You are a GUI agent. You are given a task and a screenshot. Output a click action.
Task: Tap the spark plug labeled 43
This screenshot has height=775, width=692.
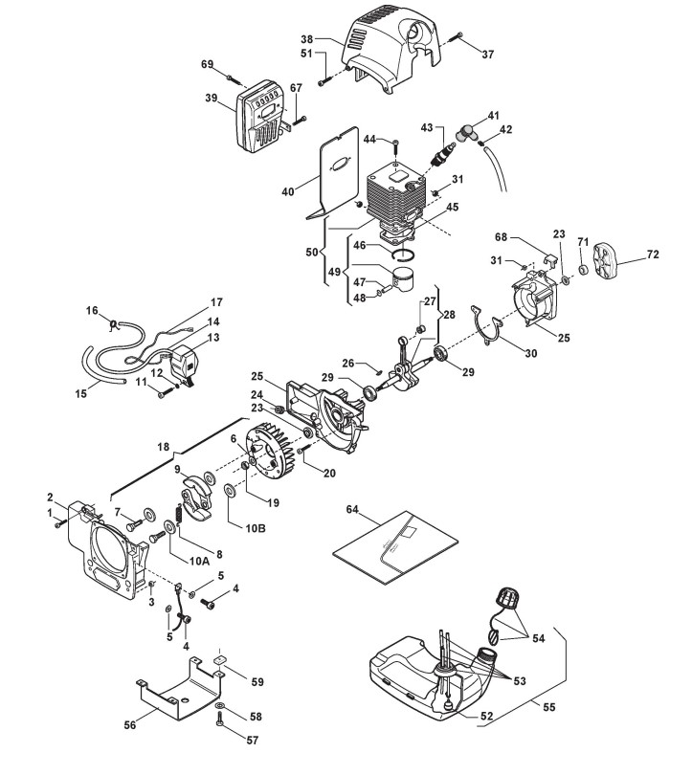click(443, 153)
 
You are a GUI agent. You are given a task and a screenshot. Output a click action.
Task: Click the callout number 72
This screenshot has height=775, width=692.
click(654, 256)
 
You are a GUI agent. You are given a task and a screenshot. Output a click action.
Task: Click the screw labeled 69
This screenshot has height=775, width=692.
click(231, 73)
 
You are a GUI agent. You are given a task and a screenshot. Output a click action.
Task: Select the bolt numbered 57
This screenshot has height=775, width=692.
click(221, 727)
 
